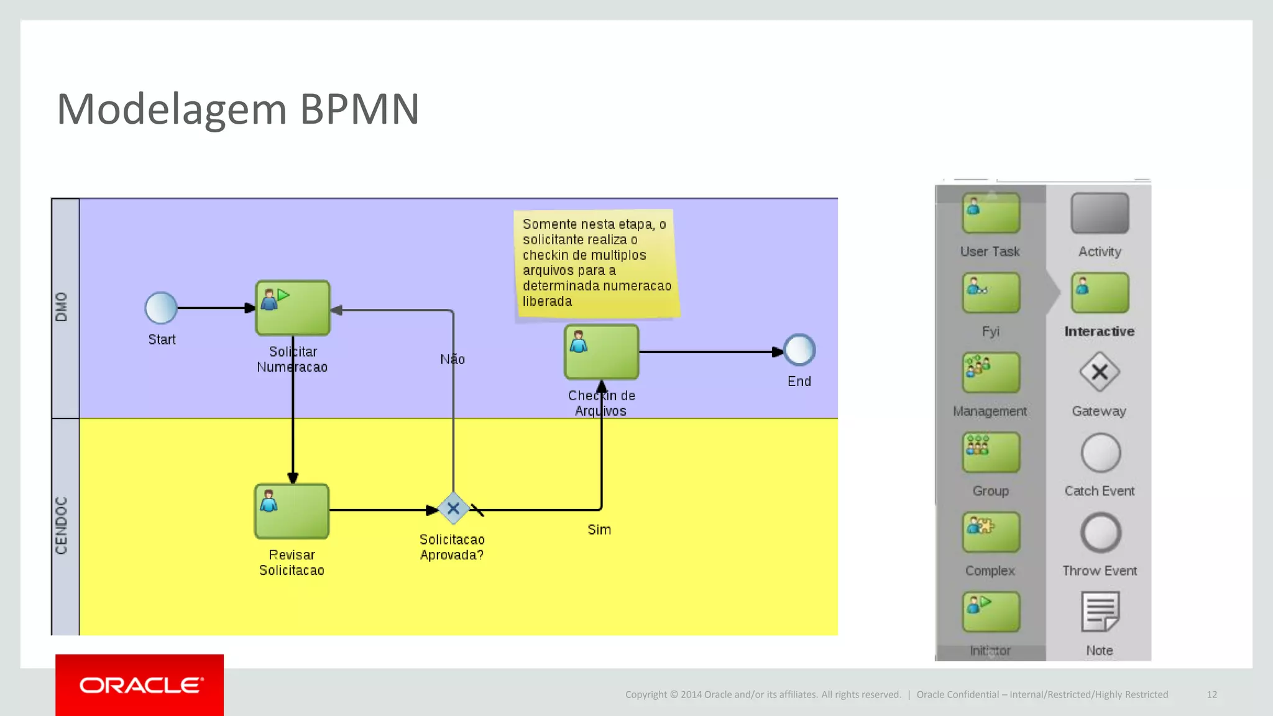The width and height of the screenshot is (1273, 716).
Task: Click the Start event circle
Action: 161,308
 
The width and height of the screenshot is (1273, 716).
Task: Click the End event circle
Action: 799,351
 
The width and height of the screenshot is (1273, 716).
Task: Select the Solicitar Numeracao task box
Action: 293,308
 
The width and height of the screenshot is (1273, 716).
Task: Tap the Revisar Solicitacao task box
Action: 292,511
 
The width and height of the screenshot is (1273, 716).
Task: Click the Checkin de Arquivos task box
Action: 601,352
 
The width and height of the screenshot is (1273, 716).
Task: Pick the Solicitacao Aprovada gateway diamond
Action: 453,509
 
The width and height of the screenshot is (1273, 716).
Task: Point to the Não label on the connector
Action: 452,359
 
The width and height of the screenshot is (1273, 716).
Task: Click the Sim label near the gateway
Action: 599,530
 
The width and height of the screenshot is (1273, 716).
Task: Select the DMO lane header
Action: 65,307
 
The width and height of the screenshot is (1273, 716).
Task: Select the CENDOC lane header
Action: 65,525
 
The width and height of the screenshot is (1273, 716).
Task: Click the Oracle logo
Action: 140,685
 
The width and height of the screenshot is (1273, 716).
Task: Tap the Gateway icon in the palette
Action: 1099,372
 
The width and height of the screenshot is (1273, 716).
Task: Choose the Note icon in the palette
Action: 1100,612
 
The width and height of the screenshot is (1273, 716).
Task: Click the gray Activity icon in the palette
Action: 1099,213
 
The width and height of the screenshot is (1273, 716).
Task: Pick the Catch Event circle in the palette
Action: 1100,453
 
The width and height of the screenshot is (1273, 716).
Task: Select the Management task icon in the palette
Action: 990,372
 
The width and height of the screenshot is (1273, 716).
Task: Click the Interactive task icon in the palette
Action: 1099,293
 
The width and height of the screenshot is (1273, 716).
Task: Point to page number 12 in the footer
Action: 1211,694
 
